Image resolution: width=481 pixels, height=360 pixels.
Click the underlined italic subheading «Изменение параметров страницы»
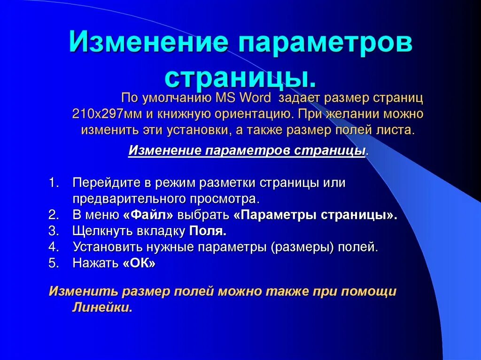247,150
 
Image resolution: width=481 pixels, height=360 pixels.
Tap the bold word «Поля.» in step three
208,231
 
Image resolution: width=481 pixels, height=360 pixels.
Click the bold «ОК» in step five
139,263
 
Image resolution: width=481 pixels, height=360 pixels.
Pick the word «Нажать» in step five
95,263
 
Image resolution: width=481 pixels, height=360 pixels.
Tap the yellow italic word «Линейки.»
102,307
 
